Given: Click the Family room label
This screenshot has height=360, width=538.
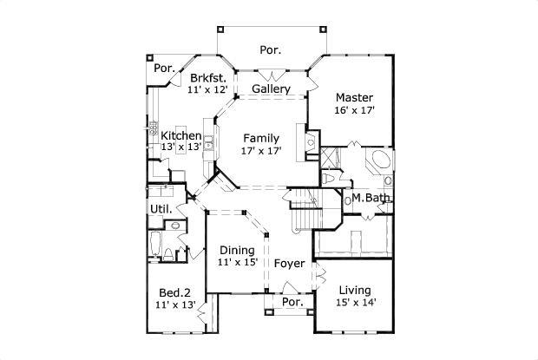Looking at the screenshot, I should [x=260, y=138].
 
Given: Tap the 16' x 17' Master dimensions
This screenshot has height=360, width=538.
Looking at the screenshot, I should [x=354, y=111].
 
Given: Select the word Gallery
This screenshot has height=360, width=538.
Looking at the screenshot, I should [x=270, y=89].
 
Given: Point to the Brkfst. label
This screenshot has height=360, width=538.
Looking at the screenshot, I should [x=207, y=78].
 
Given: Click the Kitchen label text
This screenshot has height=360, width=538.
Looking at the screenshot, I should [x=181, y=136].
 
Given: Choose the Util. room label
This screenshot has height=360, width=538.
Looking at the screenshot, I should [x=161, y=209].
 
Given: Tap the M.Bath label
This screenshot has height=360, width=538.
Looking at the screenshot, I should [x=371, y=199].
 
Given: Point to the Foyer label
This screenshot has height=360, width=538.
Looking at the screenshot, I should [x=289, y=263].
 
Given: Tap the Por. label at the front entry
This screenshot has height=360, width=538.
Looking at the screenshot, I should [x=292, y=303].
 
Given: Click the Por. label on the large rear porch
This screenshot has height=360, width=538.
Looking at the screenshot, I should [x=270, y=50].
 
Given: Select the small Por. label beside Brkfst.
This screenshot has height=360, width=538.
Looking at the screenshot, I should [x=163, y=68].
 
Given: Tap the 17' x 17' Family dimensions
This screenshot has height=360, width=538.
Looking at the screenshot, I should [x=260, y=151].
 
